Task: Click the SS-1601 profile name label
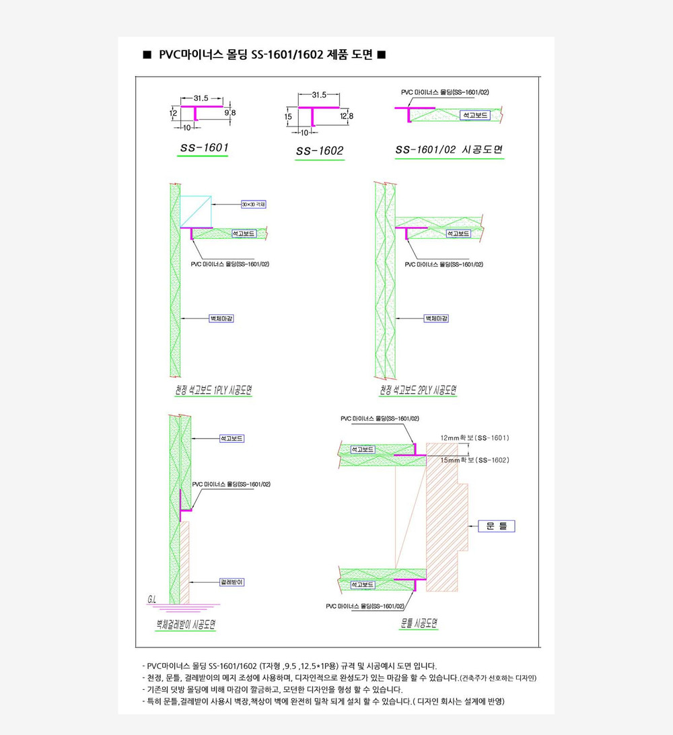[x=203, y=147]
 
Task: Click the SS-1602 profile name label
[x=320, y=151]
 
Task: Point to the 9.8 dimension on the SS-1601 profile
[x=230, y=112]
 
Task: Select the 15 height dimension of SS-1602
[x=288, y=117]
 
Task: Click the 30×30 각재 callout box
[x=254, y=204]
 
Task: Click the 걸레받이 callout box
[x=232, y=582]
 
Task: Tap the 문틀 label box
[x=496, y=526]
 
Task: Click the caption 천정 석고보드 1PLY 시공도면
[x=209, y=390]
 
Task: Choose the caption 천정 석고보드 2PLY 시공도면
[x=418, y=390]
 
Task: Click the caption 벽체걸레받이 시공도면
[x=186, y=625]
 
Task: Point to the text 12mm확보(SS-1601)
[x=474, y=438]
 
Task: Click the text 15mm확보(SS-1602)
[x=474, y=460]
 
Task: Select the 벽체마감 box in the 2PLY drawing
[x=436, y=318]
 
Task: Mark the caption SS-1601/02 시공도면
[x=450, y=151]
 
